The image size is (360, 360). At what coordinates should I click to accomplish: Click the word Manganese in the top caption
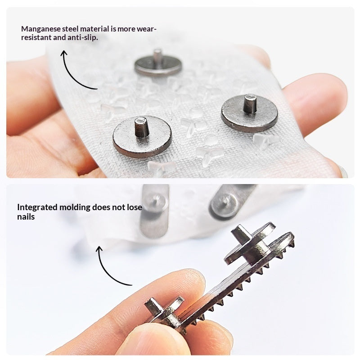(x=41, y=29)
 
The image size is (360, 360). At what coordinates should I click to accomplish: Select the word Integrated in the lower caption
(x=37, y=207)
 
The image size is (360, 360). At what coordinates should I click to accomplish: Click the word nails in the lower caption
(x=26, y=217)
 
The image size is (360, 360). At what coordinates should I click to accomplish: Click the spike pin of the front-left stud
(x=141, y=127)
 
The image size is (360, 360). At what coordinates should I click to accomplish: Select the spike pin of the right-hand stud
(x=250, y=104)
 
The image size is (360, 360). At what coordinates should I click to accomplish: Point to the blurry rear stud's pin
(x=157, y=57)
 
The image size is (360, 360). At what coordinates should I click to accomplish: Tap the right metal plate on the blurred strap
(x=229, y=202)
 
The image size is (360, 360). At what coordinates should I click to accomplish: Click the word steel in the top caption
(x=71, y=29)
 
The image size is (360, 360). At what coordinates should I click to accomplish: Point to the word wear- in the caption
(x=147, y=29)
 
